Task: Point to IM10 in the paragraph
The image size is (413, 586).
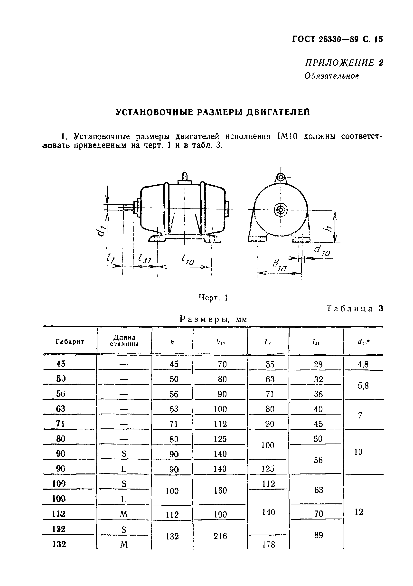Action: pos(287,137)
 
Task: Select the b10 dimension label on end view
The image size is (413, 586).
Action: pos(279,266)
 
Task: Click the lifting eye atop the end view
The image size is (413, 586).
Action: pos(281,177)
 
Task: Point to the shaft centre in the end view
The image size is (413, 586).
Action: pos(281,210)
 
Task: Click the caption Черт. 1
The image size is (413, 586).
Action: pos(213,298)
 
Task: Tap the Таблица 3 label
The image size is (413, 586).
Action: pos(355,309)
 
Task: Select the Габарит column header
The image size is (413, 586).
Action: pos(70,341)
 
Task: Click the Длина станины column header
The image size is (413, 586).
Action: pos(124,341)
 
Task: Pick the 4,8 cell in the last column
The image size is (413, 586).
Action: pos(363,364)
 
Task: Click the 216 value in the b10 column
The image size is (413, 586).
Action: pos(220,536)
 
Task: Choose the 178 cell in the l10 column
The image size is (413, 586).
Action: pos(269,545)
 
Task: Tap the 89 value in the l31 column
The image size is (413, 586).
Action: pos(318,535)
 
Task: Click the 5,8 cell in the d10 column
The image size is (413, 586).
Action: pos(363,386)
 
